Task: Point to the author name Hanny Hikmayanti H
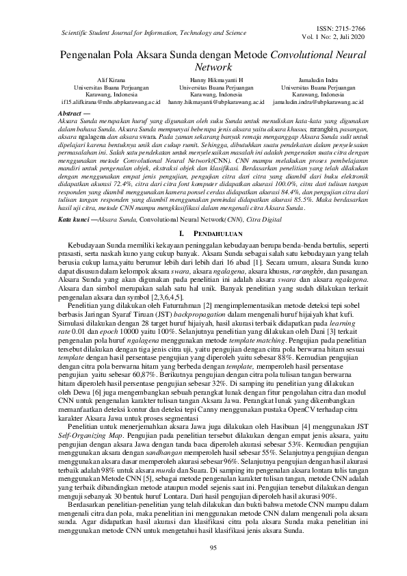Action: (x=206, y=80)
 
